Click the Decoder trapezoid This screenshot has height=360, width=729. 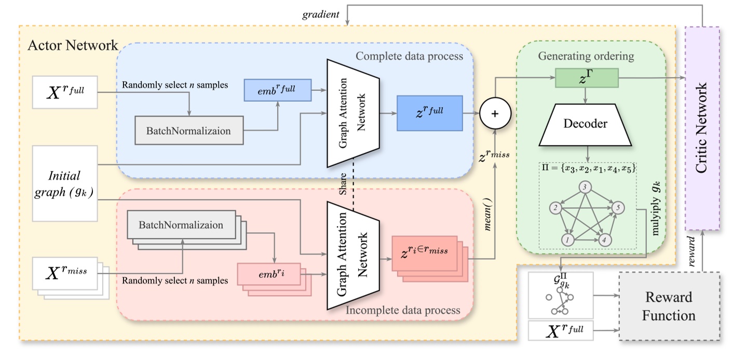585,125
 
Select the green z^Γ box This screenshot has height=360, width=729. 586,78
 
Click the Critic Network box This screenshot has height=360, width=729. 702,129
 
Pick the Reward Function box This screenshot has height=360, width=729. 669,306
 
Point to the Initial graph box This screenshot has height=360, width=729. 65,184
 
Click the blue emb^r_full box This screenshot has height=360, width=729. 277,90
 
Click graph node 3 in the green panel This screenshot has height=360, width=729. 585,188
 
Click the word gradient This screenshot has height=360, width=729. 321,15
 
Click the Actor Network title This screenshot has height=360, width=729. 73,46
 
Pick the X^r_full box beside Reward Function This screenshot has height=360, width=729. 560,331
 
